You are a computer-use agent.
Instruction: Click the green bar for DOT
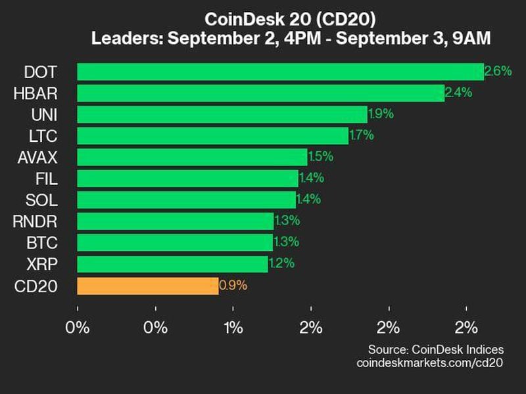tap(280, 72)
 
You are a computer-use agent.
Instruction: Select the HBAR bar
tap(260, 93)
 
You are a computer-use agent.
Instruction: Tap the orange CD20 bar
tap(148, 286)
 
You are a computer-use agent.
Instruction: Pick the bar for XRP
tap(172, 264)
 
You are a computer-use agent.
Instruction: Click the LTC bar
tap(212, 136)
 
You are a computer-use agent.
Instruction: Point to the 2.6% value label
tap(498, 72)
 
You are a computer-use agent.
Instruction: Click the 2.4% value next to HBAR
tap(458, 93)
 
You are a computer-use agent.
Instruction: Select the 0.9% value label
tap(233, 286)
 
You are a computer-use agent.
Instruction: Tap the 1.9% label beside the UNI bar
tap(381, 114)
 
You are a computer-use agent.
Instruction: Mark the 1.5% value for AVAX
tap(320, 157)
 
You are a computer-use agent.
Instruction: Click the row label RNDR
tap(35, 221)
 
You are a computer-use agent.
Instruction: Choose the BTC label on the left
tap(43, 243)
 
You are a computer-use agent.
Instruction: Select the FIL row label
tap(47, 179)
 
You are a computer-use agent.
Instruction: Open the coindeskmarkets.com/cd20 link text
tap(431, 362)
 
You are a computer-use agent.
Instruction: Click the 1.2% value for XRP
tap(281, 264)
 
